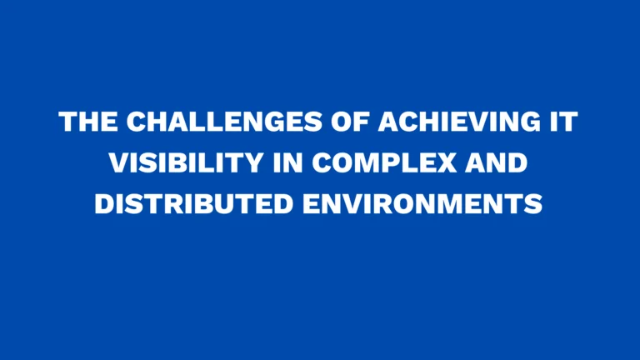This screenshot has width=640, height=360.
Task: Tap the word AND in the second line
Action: click(497, 162)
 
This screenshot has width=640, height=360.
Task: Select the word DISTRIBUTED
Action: click(191, 202)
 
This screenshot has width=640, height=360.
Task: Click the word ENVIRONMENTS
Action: click(421, 202)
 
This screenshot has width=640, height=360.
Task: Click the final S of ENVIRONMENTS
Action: click(534, 202)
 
